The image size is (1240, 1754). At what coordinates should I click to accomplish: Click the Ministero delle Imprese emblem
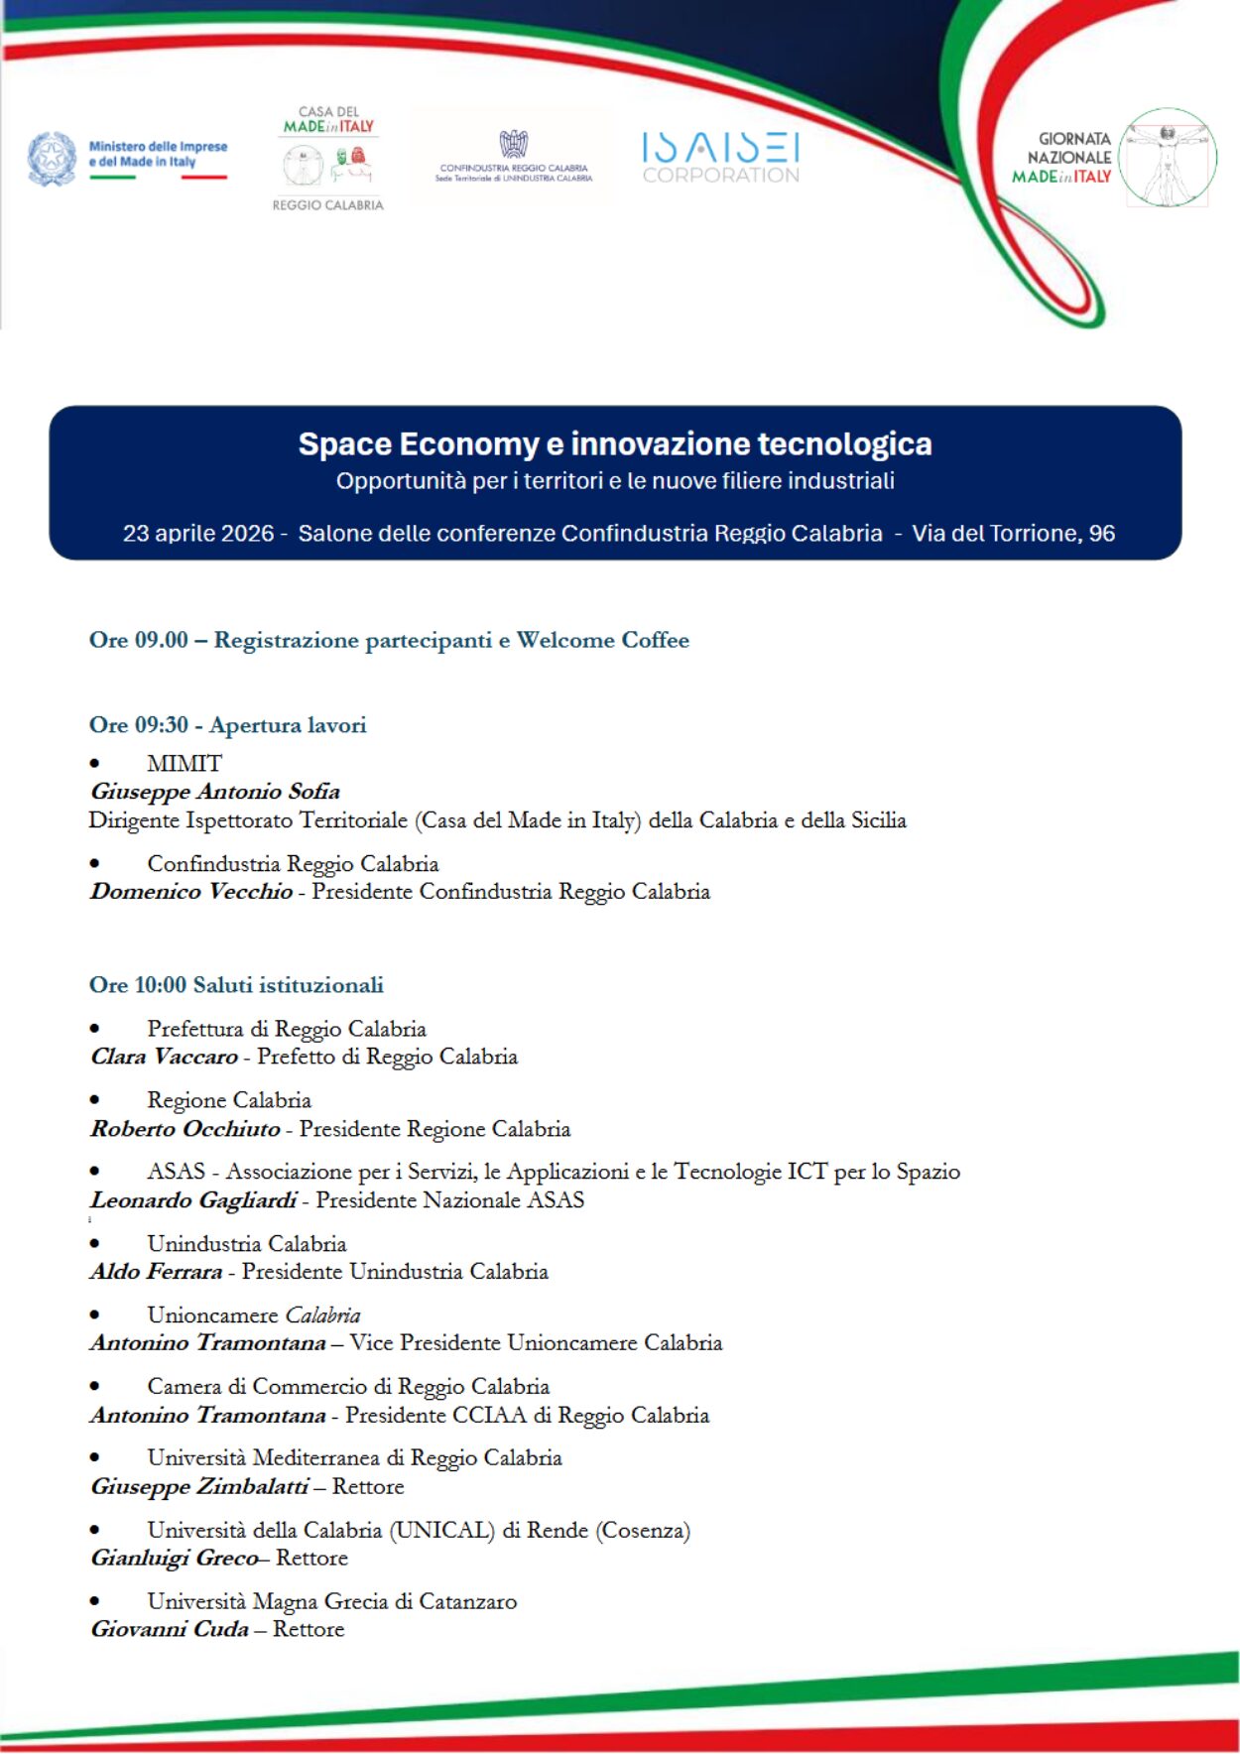coord(52,158)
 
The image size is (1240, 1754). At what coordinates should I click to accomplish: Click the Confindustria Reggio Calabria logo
coord(514,157)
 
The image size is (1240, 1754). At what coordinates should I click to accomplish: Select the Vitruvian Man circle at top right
coord(1168,158)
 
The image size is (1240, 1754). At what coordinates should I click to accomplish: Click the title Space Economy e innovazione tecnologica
coord(615,443)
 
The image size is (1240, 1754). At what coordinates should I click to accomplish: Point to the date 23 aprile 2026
coord(197,534)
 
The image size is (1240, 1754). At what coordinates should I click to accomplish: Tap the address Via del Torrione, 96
coord(1013,534)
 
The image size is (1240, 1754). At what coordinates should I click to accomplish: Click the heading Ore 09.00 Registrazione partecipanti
coord(389,640)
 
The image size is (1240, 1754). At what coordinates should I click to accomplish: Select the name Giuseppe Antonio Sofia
coord(215,792)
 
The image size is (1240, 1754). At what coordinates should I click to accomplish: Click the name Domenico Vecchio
coord(191,892)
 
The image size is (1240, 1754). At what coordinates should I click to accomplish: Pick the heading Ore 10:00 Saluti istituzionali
coord(236,985)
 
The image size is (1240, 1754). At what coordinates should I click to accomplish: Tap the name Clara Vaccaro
coord(165,1057)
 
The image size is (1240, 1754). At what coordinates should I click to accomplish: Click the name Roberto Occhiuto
coord(186,1129)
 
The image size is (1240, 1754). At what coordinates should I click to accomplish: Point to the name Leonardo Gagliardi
coord(193,1200)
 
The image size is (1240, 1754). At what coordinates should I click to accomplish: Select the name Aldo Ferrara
coord(157,1272)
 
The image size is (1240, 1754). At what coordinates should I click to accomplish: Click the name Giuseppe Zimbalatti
coord(199,1486)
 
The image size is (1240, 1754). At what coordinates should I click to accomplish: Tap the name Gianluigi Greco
coord(175,1558)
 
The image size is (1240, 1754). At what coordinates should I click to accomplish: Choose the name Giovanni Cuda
coord(170,1629)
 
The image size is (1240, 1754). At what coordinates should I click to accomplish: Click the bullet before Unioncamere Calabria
coord(95,1315)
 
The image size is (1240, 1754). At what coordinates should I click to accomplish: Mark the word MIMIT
coord(185,764)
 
